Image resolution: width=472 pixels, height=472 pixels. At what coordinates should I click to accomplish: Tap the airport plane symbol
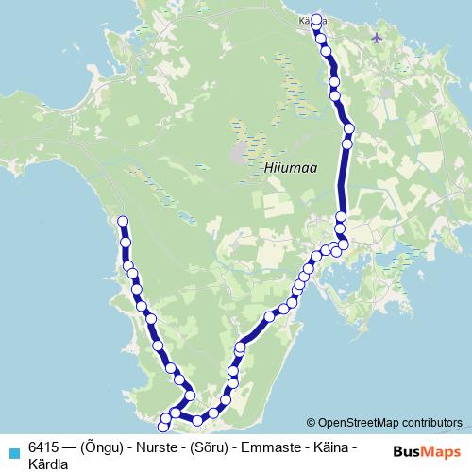coord(379,38)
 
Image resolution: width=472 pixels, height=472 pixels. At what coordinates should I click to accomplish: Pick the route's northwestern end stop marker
coord(122,222)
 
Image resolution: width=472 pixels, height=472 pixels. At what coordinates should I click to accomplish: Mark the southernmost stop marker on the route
coord(163,429)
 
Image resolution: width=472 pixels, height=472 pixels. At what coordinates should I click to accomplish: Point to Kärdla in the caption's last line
coord(48,463)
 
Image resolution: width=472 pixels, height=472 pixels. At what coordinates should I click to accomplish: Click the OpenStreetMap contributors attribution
coord(389,424)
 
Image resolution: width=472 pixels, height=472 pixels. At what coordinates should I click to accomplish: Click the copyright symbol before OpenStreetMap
coord(312,424)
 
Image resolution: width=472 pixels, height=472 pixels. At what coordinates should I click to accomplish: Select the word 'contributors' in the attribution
coord(430,424)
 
